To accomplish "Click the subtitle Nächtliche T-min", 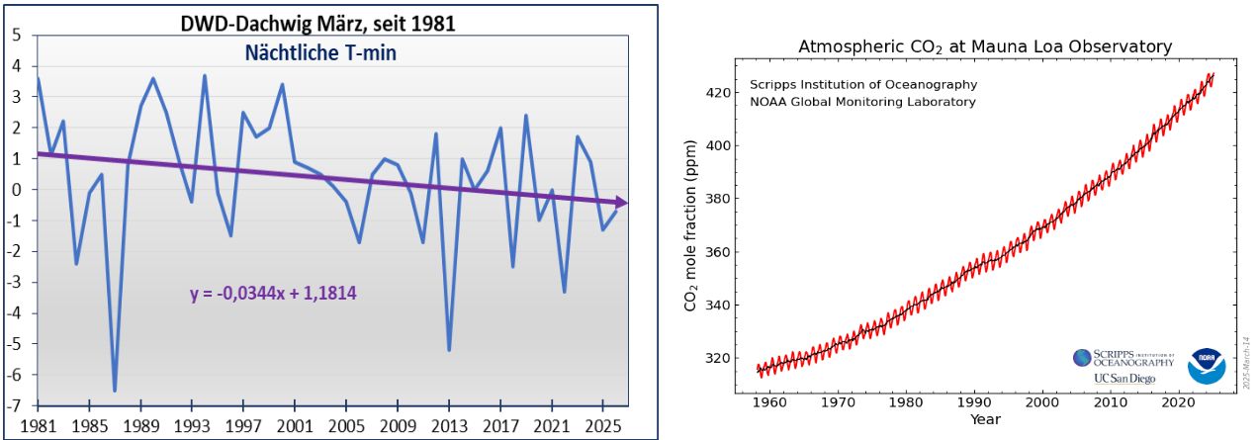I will pyautogui.click(x=321, y=53).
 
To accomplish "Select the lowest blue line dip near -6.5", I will pyautogui.click(x=115, y=390).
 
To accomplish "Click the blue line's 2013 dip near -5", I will pyautogui.click(x=449, y=349).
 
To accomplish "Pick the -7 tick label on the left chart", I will pyautogui.click(x=15, y=406).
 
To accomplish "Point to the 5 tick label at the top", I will pyautogui.click(x=16, y=36).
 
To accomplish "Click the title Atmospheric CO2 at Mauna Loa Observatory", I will pyautogui.click(x=985, y=46).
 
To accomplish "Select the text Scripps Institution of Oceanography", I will pyautogui.click(x=863, y=85).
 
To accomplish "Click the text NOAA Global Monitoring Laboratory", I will pyautogui.click(x=862, y=102).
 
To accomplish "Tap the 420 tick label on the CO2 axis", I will pyautogui.click(x=717, y=93).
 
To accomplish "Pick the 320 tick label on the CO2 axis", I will pyautogui.click(x=717, y=358).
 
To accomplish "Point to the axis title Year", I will pyautogui.click(x=985, y=419).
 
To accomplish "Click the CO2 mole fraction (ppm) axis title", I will pyautogui.click(x=691, y=228).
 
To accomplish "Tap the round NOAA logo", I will pyautogui.click(x=1207, y=366).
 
